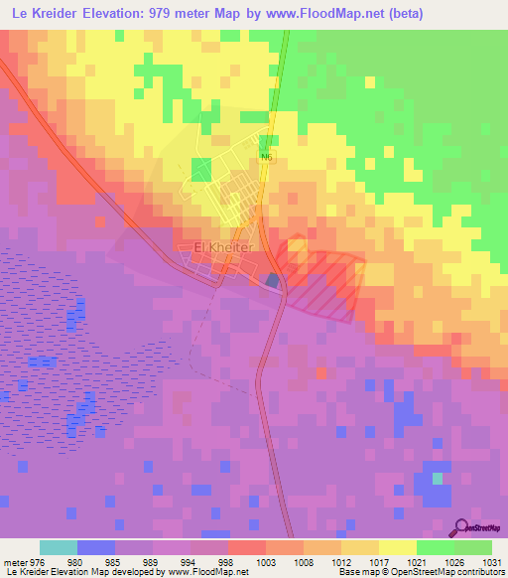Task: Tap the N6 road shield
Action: (266, 157)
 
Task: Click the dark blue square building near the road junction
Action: (273, 281)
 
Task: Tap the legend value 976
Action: (39, 561)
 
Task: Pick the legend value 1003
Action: (266, 561)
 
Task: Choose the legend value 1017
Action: (379, 561)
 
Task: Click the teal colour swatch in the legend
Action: (59, 547)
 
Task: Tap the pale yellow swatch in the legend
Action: (398, 547)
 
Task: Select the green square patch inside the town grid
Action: (201, 169)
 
